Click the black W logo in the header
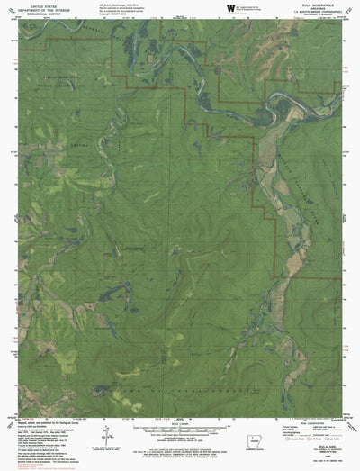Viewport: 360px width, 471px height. point(231,8)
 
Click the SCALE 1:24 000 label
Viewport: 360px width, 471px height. point(180,418)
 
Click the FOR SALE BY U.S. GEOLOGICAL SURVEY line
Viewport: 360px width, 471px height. point(180,447)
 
